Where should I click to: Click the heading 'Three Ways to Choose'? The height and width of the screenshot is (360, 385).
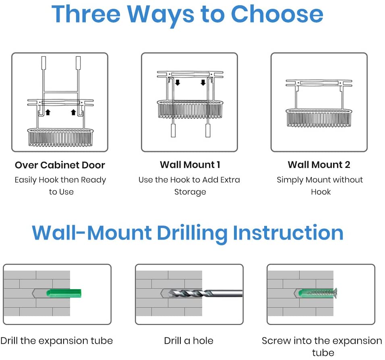click(187, 15)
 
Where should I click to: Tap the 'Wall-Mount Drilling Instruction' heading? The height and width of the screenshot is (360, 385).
click(188, 233)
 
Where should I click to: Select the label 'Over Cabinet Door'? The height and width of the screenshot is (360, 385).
click(60, 165)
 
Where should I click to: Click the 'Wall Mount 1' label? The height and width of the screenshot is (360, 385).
click(190, 165)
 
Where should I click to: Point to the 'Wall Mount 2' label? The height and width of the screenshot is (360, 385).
click(319, 165)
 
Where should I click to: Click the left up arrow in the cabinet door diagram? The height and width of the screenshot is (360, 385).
click(48, 112)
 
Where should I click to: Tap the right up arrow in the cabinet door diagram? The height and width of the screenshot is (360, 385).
click(73, 112)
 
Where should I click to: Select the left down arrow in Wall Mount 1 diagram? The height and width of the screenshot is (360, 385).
click(178, 82)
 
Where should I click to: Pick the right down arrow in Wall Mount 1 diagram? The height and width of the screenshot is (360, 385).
click(203, 82)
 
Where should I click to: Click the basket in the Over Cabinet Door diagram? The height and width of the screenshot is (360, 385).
click(60, 137)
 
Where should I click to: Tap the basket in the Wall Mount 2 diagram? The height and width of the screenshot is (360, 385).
click(319, 118)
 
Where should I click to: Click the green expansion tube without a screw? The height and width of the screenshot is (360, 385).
click(64, 293)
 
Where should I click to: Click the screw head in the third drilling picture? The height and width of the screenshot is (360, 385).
click(335, 292)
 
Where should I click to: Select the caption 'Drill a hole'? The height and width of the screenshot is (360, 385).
click(188, 341)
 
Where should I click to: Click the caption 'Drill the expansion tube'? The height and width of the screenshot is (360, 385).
click(57, 341)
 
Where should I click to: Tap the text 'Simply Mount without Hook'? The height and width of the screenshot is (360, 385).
click(320, 186)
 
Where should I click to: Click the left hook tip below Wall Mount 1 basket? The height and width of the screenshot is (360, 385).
click(173, 130)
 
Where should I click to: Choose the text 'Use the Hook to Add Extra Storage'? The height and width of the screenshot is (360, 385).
click(189, 186)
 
